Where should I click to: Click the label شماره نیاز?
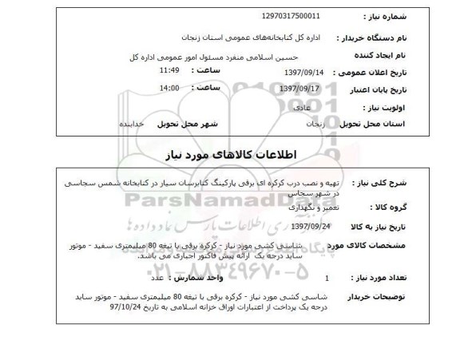tap(400, 15)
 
